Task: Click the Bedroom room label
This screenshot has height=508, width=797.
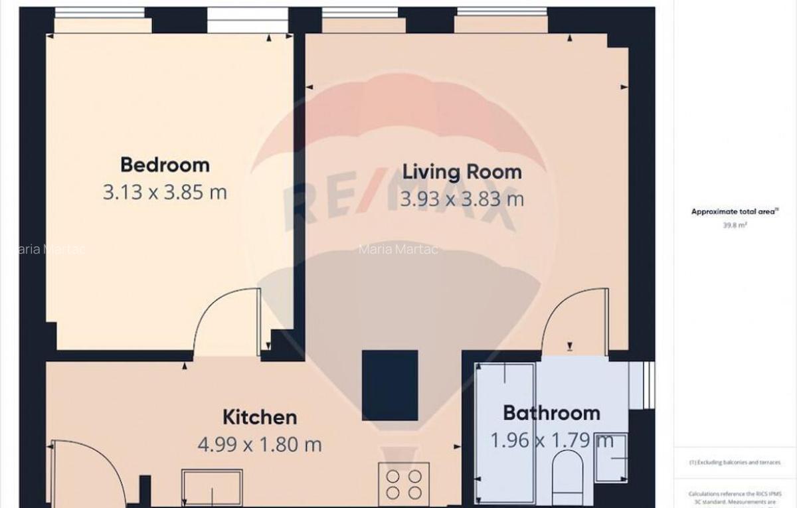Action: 165,164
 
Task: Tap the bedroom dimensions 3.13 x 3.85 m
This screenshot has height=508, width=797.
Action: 165,193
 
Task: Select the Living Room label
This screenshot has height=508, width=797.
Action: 462,171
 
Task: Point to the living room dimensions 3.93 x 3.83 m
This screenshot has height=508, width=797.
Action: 462,199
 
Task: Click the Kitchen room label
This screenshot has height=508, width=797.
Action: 259,417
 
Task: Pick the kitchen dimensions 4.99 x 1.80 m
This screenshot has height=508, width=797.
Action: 259,444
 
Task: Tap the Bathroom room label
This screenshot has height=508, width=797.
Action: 551,412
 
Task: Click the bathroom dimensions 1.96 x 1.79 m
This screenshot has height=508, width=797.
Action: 551,440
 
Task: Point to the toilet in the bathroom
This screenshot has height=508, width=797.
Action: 567,475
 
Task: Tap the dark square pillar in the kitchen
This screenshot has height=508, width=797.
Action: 390,385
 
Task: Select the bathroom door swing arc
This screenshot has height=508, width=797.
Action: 575,319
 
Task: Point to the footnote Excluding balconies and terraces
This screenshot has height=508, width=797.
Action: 735,462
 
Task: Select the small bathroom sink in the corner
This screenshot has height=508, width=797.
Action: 610,457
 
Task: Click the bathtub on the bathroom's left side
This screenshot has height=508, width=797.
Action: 505,432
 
